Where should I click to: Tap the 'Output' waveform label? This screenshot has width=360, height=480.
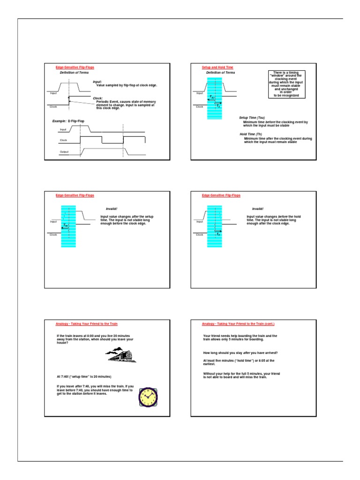pyautogui.click(x=64, y=152)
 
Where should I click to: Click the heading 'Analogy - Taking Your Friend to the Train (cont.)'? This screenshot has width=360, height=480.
pyautogui.click(x=238, y=323)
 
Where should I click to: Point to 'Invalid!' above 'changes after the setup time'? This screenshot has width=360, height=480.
pyautogui.click(x=106, y=209)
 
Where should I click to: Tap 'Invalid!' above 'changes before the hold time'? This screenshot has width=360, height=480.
pyautogui.click(x=258, y=209)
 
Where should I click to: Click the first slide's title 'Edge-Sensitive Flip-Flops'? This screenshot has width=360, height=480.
pyautogui.click(x=75, y=67)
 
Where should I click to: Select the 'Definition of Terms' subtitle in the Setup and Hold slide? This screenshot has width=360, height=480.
pyautogui.click(x=220, y=73)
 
